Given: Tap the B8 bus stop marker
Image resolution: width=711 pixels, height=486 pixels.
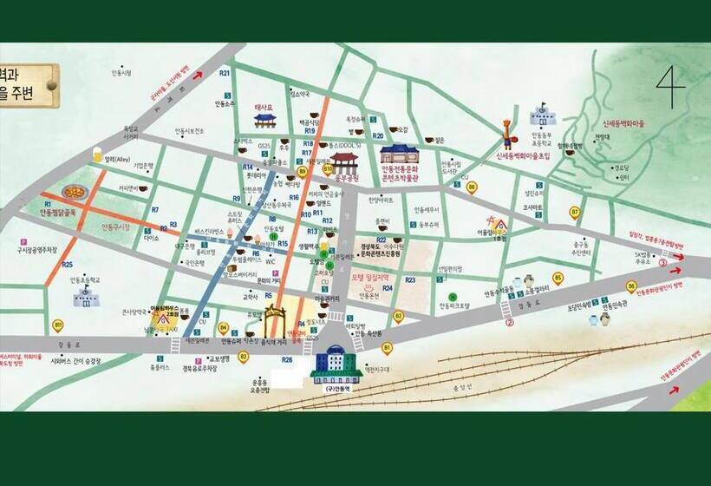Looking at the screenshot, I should coord(472,187).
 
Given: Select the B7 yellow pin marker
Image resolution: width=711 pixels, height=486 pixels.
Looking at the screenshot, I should coord(574,211).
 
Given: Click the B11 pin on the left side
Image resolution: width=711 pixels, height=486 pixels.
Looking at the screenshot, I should coord(58,325).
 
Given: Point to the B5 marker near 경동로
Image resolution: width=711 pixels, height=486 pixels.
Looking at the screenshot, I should coord(558,279).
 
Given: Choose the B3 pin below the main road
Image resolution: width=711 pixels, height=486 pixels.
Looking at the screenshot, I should coord(243,355).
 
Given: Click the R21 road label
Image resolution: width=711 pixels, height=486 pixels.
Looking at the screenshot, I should coord(225,74).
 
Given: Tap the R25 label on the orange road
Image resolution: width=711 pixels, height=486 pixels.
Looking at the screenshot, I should coord(68,264).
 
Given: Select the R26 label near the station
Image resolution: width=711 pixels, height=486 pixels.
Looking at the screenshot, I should coord(287,359).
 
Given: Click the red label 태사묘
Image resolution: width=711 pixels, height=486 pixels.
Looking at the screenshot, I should coord(264,107).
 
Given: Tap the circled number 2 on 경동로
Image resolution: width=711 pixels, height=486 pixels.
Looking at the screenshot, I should coord(510,322).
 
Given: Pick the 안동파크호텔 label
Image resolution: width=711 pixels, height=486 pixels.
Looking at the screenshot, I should coord(454,305).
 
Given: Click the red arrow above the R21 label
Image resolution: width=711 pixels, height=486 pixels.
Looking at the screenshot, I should coord(197,75).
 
